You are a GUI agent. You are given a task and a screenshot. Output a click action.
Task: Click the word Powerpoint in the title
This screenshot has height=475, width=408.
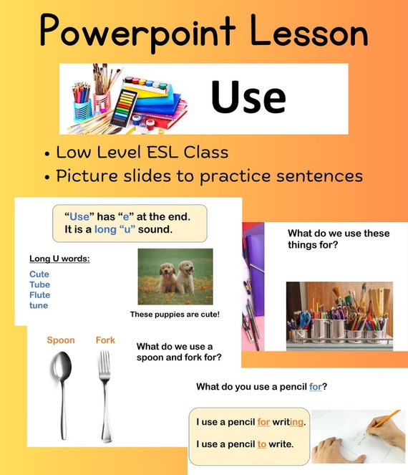click(x=137, y=32)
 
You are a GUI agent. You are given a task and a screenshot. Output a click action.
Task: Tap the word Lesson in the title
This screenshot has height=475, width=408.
click(x=309, y=32)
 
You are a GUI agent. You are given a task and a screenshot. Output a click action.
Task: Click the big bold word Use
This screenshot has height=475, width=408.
click(x=248, y=97)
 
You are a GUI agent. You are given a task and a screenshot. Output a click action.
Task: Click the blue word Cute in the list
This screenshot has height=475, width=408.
click(x=39, y=274)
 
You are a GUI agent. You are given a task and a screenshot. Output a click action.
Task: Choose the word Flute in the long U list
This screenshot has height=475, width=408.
click(x=40, y=294)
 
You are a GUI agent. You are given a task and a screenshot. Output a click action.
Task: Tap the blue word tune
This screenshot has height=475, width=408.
click(x=39, y=305)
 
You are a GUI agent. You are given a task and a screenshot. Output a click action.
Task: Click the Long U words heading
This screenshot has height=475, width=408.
click(x=59, y=259)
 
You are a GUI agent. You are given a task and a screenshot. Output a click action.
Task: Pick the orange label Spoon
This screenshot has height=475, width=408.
click(x=61, y=340)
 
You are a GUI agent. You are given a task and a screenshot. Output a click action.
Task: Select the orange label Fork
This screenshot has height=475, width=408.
click(x=105, y=340)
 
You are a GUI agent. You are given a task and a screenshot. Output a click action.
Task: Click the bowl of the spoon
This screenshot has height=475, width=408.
click(x=62, y=367)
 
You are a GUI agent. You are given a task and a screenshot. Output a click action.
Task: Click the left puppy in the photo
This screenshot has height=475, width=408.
click(x=167, y=278)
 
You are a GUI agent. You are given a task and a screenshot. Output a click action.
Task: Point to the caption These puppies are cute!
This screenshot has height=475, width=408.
click(x=175, y=315)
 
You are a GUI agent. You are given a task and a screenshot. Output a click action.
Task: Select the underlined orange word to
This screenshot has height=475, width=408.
click(x=262, y=444)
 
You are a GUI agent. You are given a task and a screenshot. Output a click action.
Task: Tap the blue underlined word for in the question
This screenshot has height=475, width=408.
click(x=316, y=387)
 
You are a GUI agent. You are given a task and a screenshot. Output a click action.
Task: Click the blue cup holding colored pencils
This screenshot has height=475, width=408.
click(x=82, y=109)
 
